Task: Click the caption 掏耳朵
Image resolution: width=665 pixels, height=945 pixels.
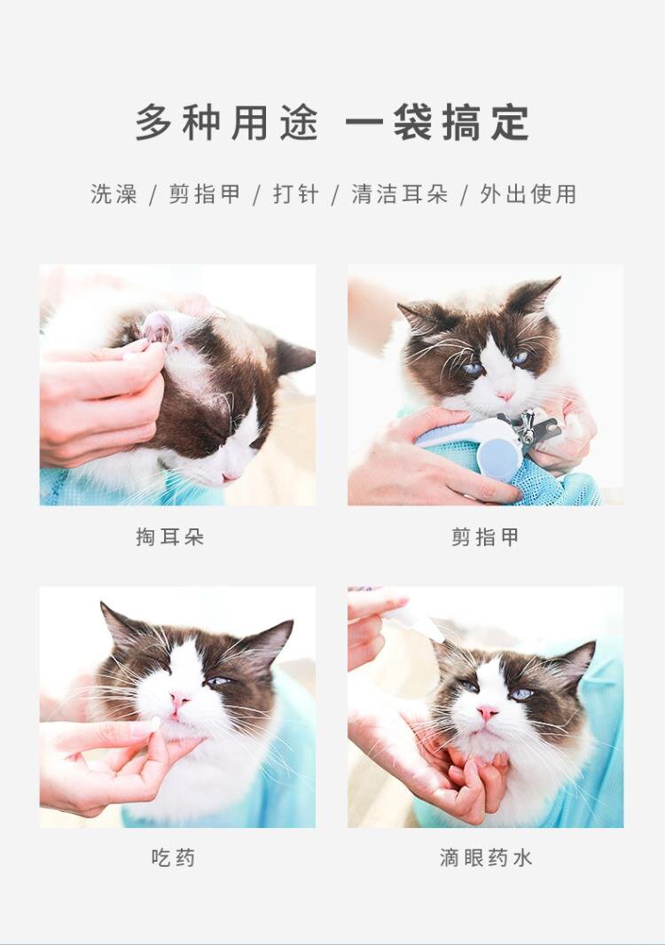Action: tap(170, 536)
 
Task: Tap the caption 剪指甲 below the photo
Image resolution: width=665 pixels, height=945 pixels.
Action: tap(485, 536)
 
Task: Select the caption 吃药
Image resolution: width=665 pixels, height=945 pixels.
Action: tap(173, 857)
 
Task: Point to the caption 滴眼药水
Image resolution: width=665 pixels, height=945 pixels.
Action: tap(486, 857)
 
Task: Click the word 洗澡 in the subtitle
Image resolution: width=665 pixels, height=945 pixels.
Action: tap(114, 194)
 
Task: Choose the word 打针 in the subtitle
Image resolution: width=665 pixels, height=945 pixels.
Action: tap(296, 194)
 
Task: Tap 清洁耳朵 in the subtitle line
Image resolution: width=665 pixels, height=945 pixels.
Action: tap(400, 194)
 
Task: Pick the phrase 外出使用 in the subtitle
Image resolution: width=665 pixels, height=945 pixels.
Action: tap(528, 194)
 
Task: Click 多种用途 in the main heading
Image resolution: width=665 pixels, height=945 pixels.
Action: tap(227, 123)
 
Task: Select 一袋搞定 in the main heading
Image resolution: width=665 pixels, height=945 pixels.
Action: tap(438, 123)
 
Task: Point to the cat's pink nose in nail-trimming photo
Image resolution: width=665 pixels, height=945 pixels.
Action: tap(505, 396)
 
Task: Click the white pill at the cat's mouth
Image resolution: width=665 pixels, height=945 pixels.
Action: tap(154, 723)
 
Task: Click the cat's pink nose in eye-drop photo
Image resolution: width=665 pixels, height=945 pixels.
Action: tap(487, 714)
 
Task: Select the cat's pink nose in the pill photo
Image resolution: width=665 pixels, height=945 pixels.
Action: tap(179, 699)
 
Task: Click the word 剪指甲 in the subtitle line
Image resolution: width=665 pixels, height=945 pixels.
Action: tap(205, 194)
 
